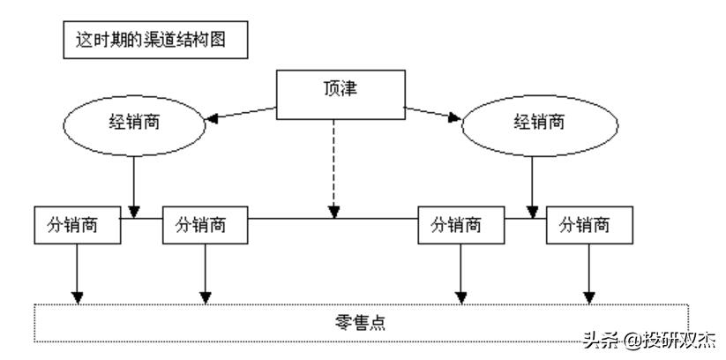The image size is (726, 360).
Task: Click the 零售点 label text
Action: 361,322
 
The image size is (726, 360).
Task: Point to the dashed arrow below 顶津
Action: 333,168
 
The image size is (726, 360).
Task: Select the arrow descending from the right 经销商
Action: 532,185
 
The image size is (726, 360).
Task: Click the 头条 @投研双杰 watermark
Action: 647,340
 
